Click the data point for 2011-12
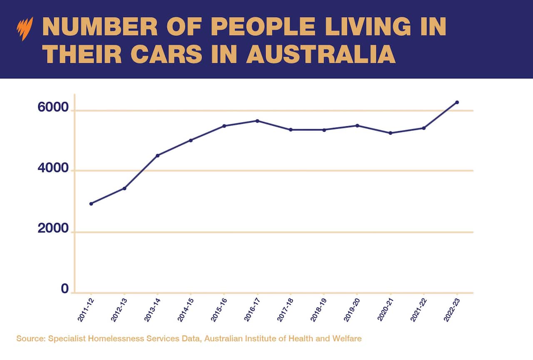[91, 204]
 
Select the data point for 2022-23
[457, 102]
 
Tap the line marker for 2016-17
[257, 121]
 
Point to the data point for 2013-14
[157, 155]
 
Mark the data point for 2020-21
[390, 133]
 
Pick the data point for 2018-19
[324, 130]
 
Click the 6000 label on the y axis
[53, 107]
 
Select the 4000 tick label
[53, 168]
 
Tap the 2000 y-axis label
[53, 229]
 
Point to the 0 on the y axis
[65, 289]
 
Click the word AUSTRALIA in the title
[321, 54]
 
